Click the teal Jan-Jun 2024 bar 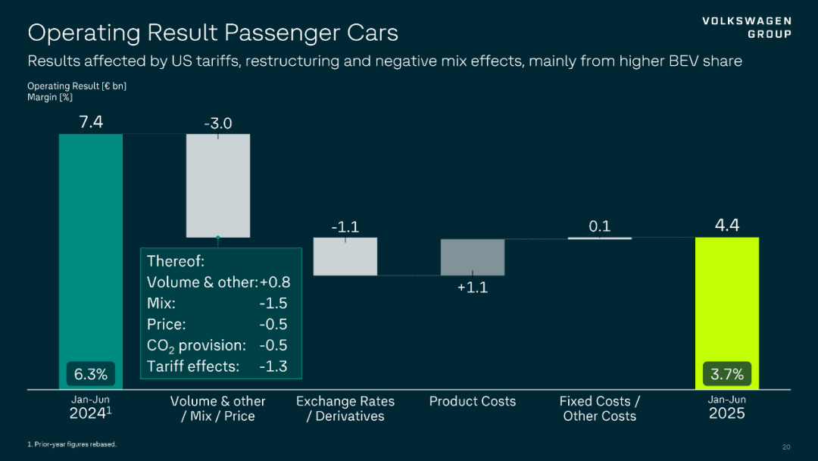pyautogui.click(x=91, y=250)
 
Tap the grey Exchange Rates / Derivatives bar pyautogui.click(x=345, y=257)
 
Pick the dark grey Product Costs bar pyautogui.click(x=473, y=257)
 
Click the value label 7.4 pyautogui.click(x=91, y=121)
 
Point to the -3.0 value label pyautogui.click(x=217, y=123)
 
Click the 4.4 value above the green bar pyautogui.click(x=726, y=225)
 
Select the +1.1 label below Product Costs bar pyautogui.click(x=473, y=288)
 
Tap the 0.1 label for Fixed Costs pyautogui.click(x=599, y=226)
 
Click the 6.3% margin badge pyautogui.click(x=91, y=374)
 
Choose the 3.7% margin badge pyautogui.click(x=727, y=374)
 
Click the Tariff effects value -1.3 pyautogui.click(x=273, y=366)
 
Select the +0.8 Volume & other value pyautogui.click(x=274, y=282)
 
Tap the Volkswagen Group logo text pyautogui.click(x=746, y=27)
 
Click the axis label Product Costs pyautogui.click(x=473, y=401)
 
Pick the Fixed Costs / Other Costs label pyautogui.click(x=599, y=409)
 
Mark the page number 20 pyautogui.click(x=785, y=447)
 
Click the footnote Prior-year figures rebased pyautogui.click(x=72, y=444)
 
